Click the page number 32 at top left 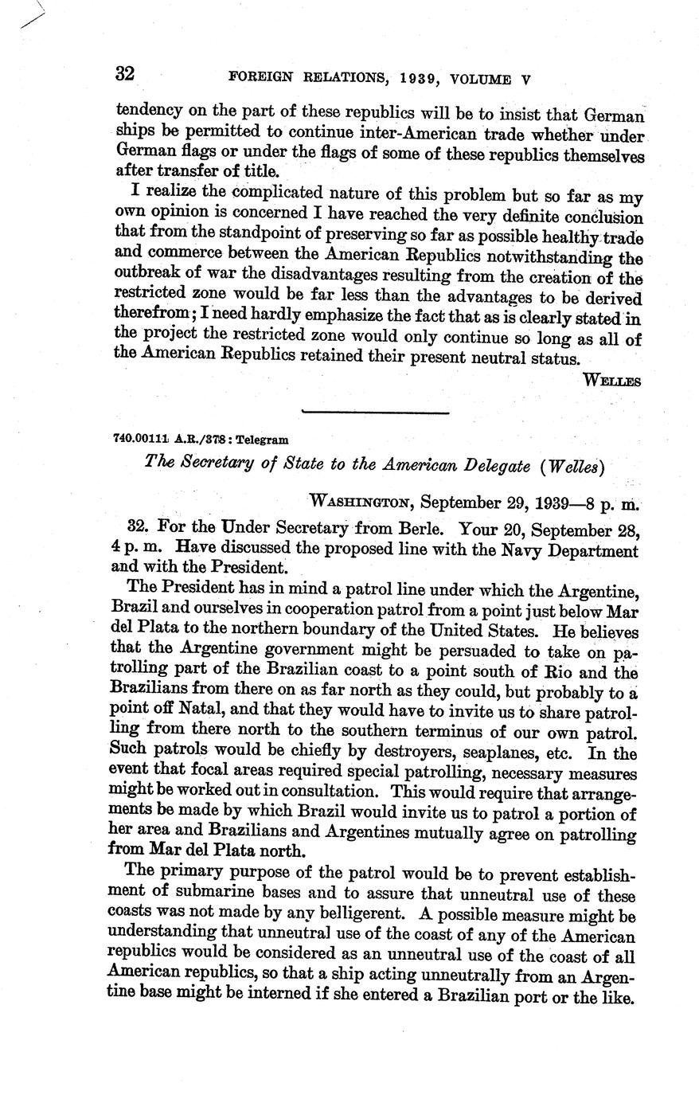[126, 74]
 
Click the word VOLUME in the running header [481, 79]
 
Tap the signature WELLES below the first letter [611, 381]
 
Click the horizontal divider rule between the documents [376, 412]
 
